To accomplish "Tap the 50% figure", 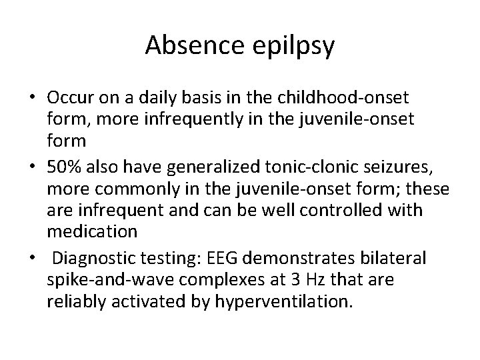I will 65,168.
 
